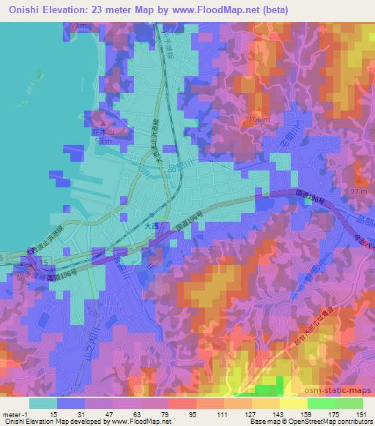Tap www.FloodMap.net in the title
click(x=223, y=10)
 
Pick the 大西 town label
click(x=149, y=228)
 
